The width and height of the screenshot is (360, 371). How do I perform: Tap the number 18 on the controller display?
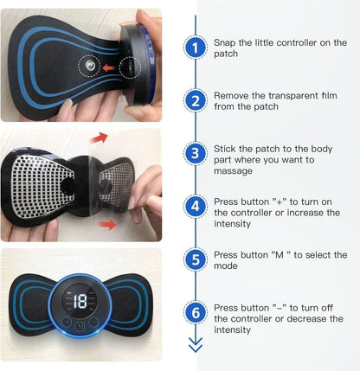point(79,302)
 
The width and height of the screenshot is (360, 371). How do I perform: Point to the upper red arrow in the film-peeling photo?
point(100,137)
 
